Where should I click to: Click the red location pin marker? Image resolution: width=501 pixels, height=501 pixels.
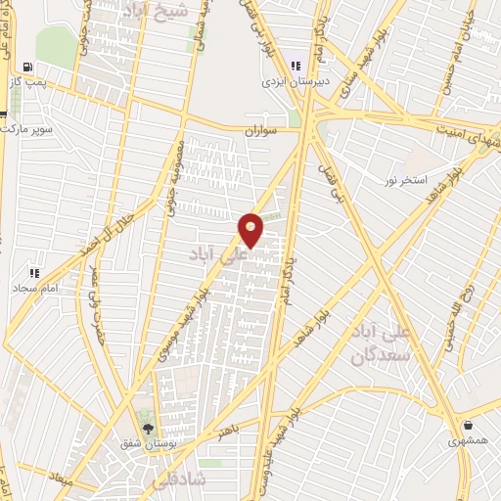point(251,230)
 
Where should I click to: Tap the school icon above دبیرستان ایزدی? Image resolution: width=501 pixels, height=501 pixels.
point(296,66)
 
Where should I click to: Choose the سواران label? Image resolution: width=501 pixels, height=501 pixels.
point(263,129)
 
